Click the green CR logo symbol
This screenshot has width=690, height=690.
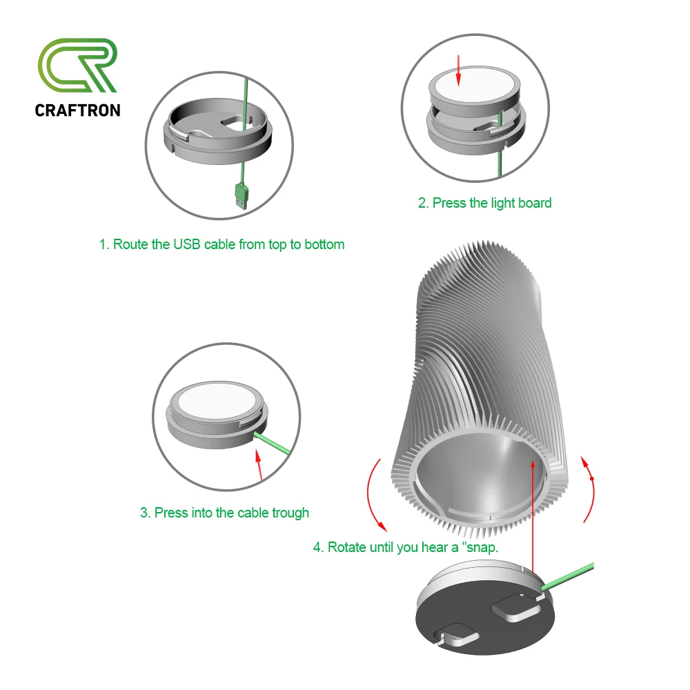[77, 67]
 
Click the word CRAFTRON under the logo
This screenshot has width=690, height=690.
[77, 110]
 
